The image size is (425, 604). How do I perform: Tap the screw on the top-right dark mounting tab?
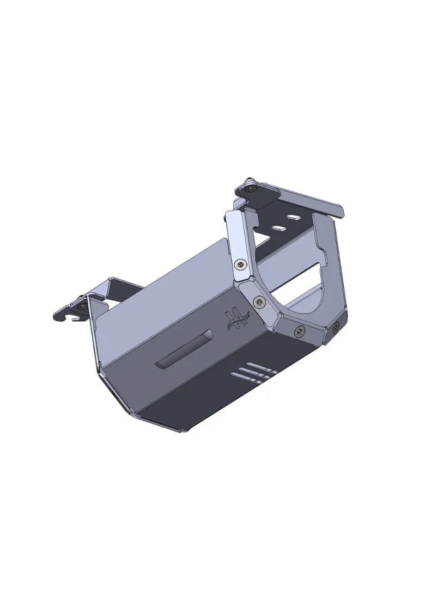(x=250, y=188)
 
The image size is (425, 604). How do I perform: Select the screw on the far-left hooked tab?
(x=82, y=307)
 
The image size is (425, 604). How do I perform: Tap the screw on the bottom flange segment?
(x=299, y=330)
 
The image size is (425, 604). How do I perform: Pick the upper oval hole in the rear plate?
(x=294, y=218)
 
